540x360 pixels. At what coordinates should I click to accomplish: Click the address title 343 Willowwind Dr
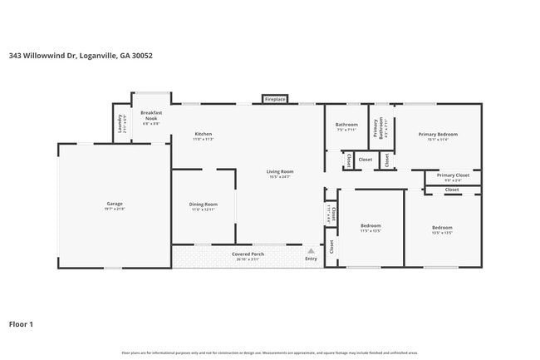point(81,57)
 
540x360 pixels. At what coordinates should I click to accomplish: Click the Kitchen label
point(204,135)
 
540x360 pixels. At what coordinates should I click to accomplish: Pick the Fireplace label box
point(275,99)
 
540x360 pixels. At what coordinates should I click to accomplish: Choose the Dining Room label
point(204,205)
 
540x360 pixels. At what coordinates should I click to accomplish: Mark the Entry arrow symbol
point(311,249)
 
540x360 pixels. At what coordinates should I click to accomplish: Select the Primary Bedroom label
point(438,134)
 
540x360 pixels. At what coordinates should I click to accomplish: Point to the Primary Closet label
point(453,175)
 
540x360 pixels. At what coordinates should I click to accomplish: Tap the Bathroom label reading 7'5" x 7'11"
point(346,125)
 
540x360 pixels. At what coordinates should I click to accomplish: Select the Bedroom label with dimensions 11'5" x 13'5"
point(371,226)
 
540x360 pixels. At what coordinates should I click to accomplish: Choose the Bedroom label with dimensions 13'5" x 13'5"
point(441,228)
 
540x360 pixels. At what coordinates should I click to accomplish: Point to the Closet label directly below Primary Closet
point(452,190)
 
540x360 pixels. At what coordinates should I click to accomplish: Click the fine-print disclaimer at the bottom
point(270,353)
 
